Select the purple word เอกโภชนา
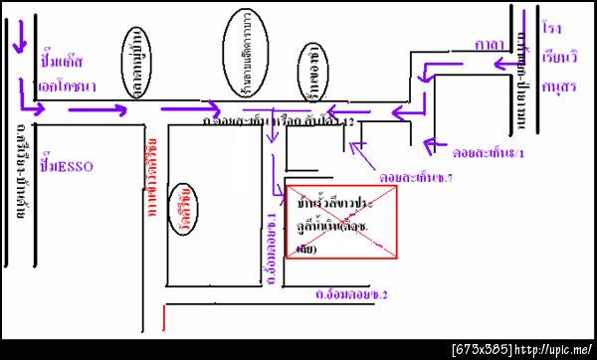point(67,87)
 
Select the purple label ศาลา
point(488,45)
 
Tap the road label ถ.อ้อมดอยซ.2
point(350,294)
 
